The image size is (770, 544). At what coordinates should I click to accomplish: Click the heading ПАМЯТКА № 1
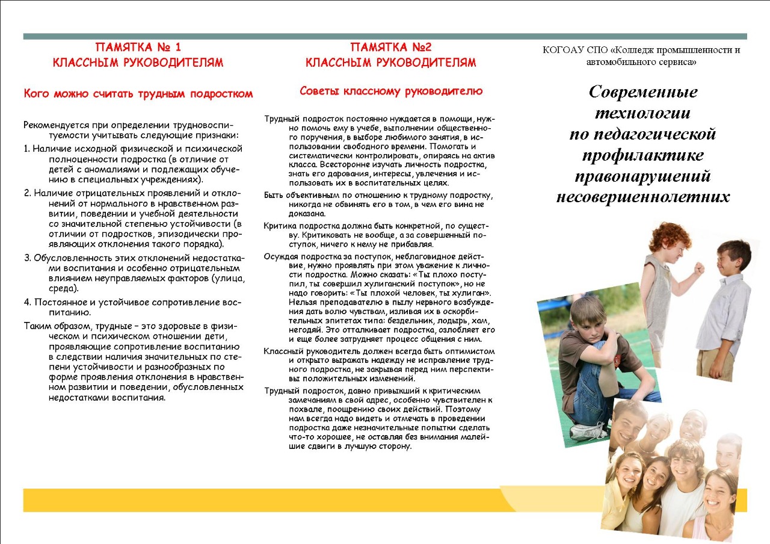click(138, 47)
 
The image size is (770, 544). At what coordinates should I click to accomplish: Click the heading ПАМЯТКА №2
click(391, 47)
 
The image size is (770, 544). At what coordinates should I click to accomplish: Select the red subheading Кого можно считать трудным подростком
click(138, 94)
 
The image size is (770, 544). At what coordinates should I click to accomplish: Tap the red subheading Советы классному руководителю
click(391, 91)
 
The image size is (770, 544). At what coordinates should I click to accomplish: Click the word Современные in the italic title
click(643, 91)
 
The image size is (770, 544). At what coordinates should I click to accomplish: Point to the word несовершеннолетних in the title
click(643, 197)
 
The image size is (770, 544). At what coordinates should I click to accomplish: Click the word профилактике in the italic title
click(643, 155)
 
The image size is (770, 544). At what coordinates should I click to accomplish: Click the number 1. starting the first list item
click(27, 148)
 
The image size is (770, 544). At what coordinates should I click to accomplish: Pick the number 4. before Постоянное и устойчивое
click(28, 301)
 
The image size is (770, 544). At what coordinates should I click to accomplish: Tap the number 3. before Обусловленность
click(28, 258)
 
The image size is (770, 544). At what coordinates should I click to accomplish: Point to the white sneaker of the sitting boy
click(588, 431)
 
